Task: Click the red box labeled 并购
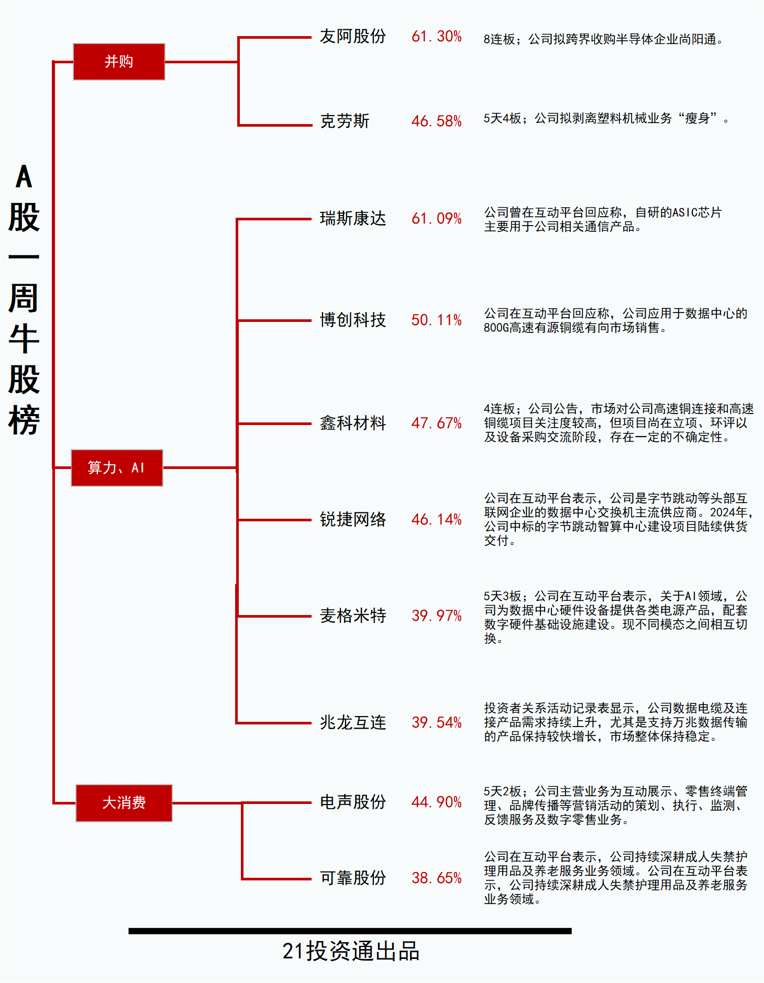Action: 119,62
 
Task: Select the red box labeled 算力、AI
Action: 117,468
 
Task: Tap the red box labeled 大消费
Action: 124,803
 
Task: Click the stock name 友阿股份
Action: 353,37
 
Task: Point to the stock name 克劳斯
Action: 345,121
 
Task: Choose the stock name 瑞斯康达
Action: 353,218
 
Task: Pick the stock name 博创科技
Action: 353,320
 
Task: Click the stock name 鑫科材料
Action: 353,423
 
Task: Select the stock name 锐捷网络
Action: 353,519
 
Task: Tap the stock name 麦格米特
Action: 353,616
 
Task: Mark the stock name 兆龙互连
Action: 353,722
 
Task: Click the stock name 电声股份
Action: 353,802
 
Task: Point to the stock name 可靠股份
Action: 353,878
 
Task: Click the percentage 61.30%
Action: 437,37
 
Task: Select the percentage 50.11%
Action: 437,320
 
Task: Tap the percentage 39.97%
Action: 437,616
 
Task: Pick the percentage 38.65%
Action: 437,878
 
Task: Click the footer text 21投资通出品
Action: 351,952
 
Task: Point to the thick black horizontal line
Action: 350,931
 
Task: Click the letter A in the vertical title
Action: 24,176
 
